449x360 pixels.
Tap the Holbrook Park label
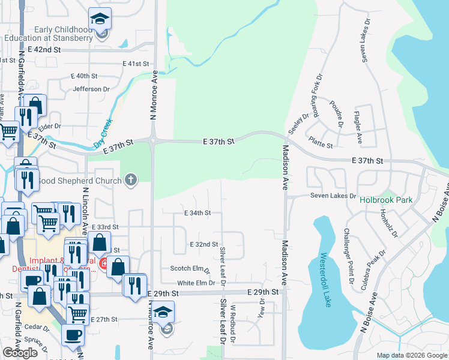pos(387,200)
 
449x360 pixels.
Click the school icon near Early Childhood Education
pos(100,19)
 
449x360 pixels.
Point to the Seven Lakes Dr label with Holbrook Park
pos(333,196)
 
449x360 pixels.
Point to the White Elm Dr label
pos(196,283)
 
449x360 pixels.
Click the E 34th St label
pos(197,213)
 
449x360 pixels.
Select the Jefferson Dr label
pos(91,89)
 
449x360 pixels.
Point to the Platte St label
pos(321,145)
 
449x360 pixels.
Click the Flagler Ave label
pos(358,127)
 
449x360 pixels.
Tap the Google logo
pos(20,353)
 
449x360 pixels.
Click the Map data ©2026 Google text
pos(412,356)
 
